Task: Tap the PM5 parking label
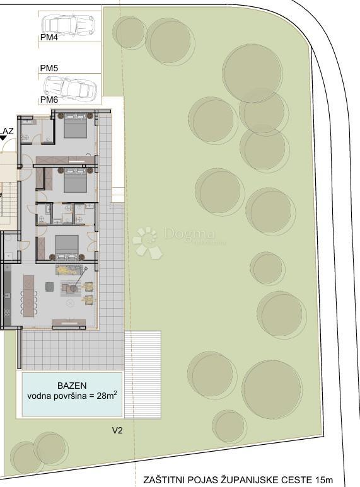pos(49,68)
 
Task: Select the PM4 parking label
pos(49,38)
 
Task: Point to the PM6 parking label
pos(49,100)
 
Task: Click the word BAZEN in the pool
pos(72,386)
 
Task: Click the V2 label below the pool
pos(117,431)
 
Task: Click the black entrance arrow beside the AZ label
pos(3,140)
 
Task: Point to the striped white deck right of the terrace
pos(143,375)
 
